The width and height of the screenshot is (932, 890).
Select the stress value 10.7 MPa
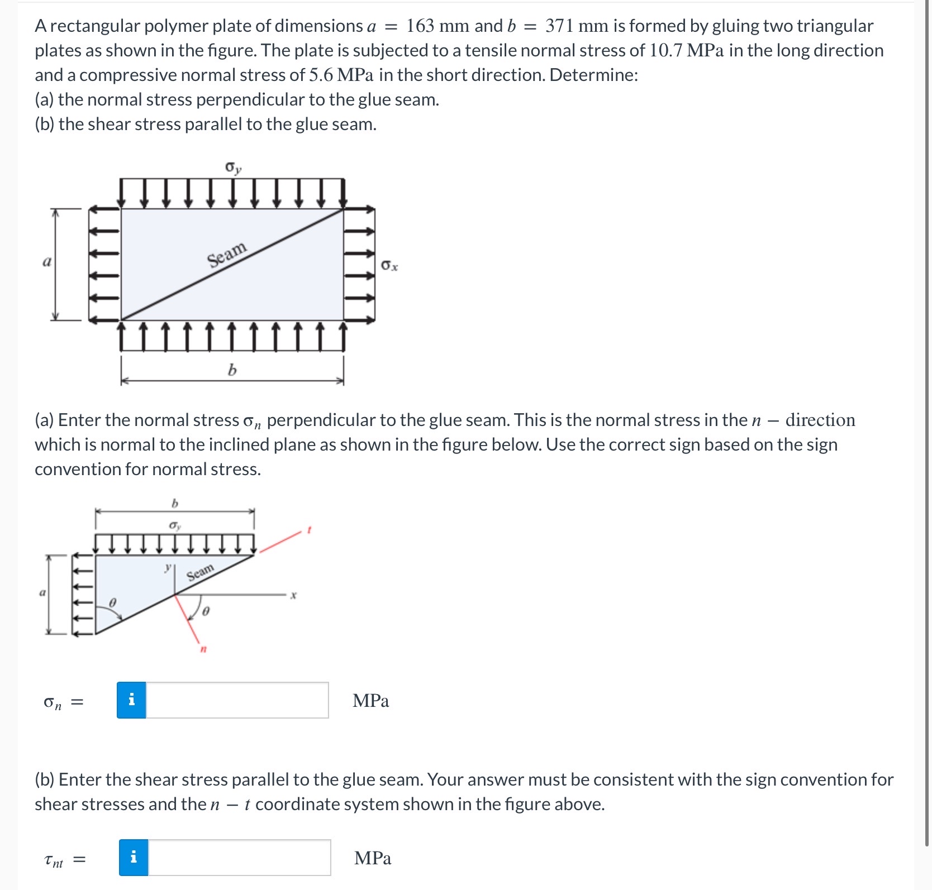686,51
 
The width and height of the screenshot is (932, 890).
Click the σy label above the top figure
232,168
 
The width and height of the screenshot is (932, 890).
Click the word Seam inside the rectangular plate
226,255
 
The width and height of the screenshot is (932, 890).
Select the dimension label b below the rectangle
232,370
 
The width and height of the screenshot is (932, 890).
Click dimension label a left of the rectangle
47,261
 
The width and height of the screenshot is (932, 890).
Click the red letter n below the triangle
203,649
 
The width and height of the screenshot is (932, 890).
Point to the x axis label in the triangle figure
293,596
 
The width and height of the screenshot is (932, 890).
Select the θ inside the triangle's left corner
112,603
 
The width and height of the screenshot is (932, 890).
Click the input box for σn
237,700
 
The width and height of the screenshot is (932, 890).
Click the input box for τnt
239,858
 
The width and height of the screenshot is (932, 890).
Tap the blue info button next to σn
131,700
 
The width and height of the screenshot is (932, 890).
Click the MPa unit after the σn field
370,701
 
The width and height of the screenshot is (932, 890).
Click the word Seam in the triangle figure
200,573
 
